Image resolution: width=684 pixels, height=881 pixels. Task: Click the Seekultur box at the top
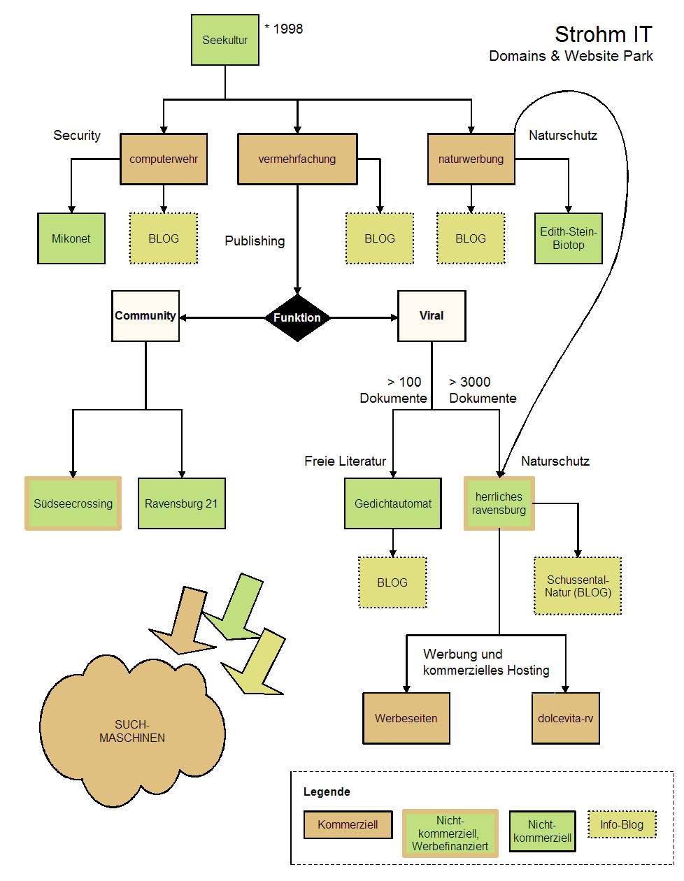coord(225,41)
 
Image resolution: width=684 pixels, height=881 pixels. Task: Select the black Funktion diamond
coord(297,317)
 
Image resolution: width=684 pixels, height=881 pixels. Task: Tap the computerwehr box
coord(164,159)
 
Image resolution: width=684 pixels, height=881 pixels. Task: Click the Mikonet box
coord(71,238)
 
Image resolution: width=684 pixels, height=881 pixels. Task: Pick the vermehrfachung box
coord(297,159)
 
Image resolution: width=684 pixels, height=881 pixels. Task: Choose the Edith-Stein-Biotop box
coord(568,238)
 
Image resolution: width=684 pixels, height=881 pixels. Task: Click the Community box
coord(145,316)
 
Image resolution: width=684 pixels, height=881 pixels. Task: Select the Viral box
coord(432,316)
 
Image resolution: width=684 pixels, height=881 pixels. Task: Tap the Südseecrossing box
coord(73,503)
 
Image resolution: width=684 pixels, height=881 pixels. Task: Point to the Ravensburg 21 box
coord(181,503)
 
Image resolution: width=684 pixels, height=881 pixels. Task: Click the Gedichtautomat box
coord(393,503)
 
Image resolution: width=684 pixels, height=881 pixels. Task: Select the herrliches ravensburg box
coord(499,503)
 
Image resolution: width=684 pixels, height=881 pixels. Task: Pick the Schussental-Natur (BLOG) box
coord(578,586)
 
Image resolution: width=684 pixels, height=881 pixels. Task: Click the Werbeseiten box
coord(406,718)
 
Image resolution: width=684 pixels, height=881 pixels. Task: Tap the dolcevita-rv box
coord(566,718)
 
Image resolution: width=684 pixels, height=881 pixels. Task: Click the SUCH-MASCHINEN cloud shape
coord(132,731)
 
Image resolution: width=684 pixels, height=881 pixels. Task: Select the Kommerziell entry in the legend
coord(348,824)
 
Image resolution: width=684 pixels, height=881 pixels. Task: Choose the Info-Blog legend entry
coord(622,824)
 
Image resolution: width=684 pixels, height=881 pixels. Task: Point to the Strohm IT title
coord(603,34)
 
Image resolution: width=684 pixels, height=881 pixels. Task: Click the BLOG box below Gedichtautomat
coord(392,582)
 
